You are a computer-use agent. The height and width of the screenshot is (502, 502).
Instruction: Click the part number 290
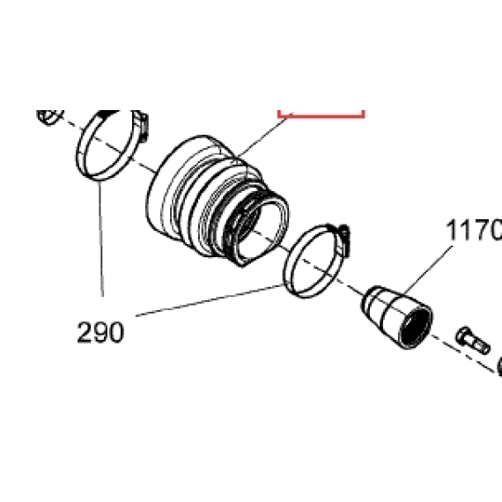click(x=100, y=332)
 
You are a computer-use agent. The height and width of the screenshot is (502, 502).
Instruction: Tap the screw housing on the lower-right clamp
click(x=343, y=240)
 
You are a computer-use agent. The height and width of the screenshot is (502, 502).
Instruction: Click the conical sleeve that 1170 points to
click(x=397, y=316)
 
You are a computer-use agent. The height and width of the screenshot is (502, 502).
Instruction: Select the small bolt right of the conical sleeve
click(x=472, y=340)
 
